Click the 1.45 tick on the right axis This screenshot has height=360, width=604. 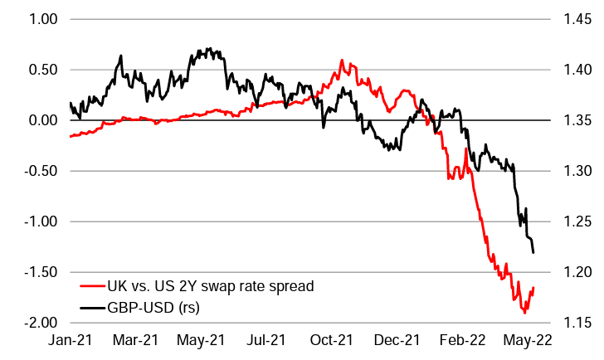pyautogui.click(x=576, y=18)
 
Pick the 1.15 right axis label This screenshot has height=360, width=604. pyautogui.click(x=576, y=323)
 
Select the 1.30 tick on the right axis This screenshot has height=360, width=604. pyautogui.click(x=576, y=171)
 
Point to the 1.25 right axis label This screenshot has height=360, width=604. pyautogui.click(x=576, y=221)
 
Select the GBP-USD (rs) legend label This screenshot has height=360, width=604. pyautogui.click(x=158, y=307)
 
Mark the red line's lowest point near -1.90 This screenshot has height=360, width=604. pyautogui.click(x=524, y=313)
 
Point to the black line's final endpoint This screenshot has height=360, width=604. pyautogui.click(x=533, y=252)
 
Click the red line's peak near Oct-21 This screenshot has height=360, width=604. pyautogui.click(x=342, y=60)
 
